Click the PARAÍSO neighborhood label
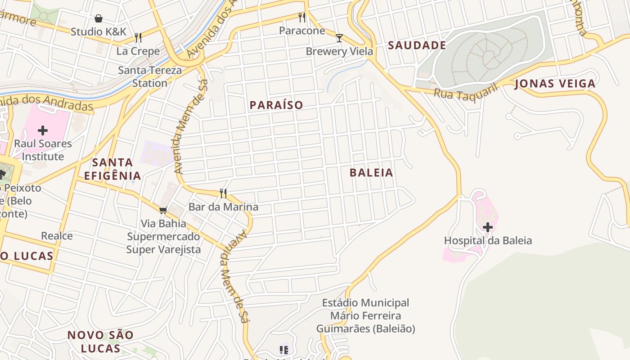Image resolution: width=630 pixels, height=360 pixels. [276, 105]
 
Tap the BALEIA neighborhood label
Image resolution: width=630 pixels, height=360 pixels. [371, 173]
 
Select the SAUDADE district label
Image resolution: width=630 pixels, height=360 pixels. [417, 45]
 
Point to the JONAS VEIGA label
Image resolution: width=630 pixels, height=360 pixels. [555, 84]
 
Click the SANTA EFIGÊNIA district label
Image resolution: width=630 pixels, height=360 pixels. [112, 169]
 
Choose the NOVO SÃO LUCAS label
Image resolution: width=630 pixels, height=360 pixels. [100, 342]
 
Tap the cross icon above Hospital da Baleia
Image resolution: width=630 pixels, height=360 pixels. [487, 227]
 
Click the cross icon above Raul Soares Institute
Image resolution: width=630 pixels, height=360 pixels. [43, 130]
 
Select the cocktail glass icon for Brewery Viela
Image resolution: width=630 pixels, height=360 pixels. [339, 38]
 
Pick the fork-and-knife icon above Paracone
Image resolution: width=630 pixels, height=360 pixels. [302, 18]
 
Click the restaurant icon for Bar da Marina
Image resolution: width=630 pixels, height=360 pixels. [223, 193]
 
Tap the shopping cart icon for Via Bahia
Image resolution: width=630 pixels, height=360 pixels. [163, 210]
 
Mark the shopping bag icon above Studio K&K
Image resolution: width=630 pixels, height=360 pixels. [99, 18]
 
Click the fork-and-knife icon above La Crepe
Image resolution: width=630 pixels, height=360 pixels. [138, 38]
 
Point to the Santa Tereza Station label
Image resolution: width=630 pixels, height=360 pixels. [150, 76]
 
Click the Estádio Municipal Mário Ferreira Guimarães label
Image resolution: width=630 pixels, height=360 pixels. [365, 316]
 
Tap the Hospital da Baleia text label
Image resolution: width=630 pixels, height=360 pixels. [488, 241]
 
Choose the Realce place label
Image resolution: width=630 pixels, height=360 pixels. [57, 236]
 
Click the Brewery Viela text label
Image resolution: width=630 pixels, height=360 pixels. [339, 51]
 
